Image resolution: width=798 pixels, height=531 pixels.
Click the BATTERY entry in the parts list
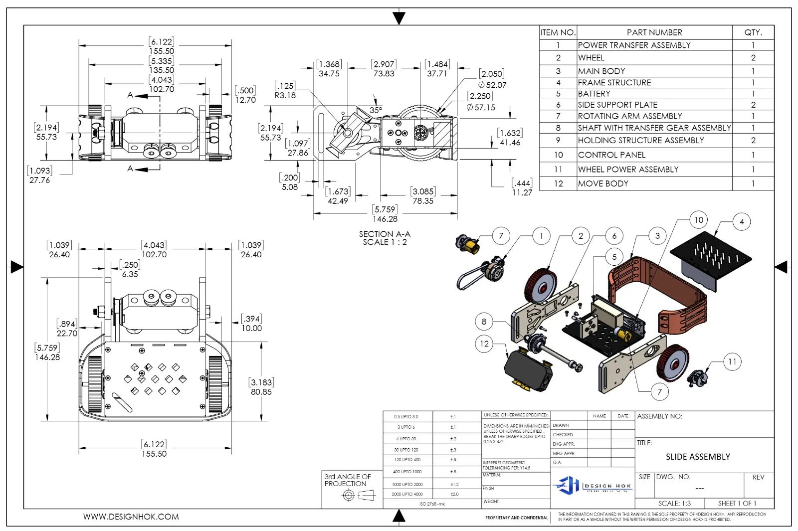[x=594, y=94]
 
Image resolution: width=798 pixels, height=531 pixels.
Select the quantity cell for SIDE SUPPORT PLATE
[x=753, y=105]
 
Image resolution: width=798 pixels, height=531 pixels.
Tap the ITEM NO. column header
[x=558, y=32]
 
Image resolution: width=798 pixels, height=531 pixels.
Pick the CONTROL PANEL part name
[x=611, y=155]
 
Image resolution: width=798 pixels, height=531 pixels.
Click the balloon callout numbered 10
[x=699, y=220]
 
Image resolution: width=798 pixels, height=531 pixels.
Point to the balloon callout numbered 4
[x=742, y=222]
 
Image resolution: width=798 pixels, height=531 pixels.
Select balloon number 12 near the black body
[x=484, y=344]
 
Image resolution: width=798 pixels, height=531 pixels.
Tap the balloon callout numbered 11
[x=732, y=362]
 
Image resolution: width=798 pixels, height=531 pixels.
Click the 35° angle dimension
[x=376, y=110]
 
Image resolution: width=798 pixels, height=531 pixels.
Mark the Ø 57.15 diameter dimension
[x=481, y=107]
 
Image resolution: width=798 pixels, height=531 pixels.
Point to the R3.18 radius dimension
[x=285, y=95]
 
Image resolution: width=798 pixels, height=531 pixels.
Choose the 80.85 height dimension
[x=261, y=392]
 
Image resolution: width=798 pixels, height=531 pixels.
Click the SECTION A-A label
[x=385, y=234]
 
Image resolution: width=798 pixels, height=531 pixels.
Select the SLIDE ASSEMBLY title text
[x=698, y=457]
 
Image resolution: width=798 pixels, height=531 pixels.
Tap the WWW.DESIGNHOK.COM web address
[x=131, y=517]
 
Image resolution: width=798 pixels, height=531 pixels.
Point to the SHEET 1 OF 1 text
[x=737, y=503]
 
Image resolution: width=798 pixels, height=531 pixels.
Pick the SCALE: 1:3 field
[x=674, y=503]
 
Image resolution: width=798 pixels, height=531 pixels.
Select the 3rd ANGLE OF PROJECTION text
[x=348, y=480]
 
